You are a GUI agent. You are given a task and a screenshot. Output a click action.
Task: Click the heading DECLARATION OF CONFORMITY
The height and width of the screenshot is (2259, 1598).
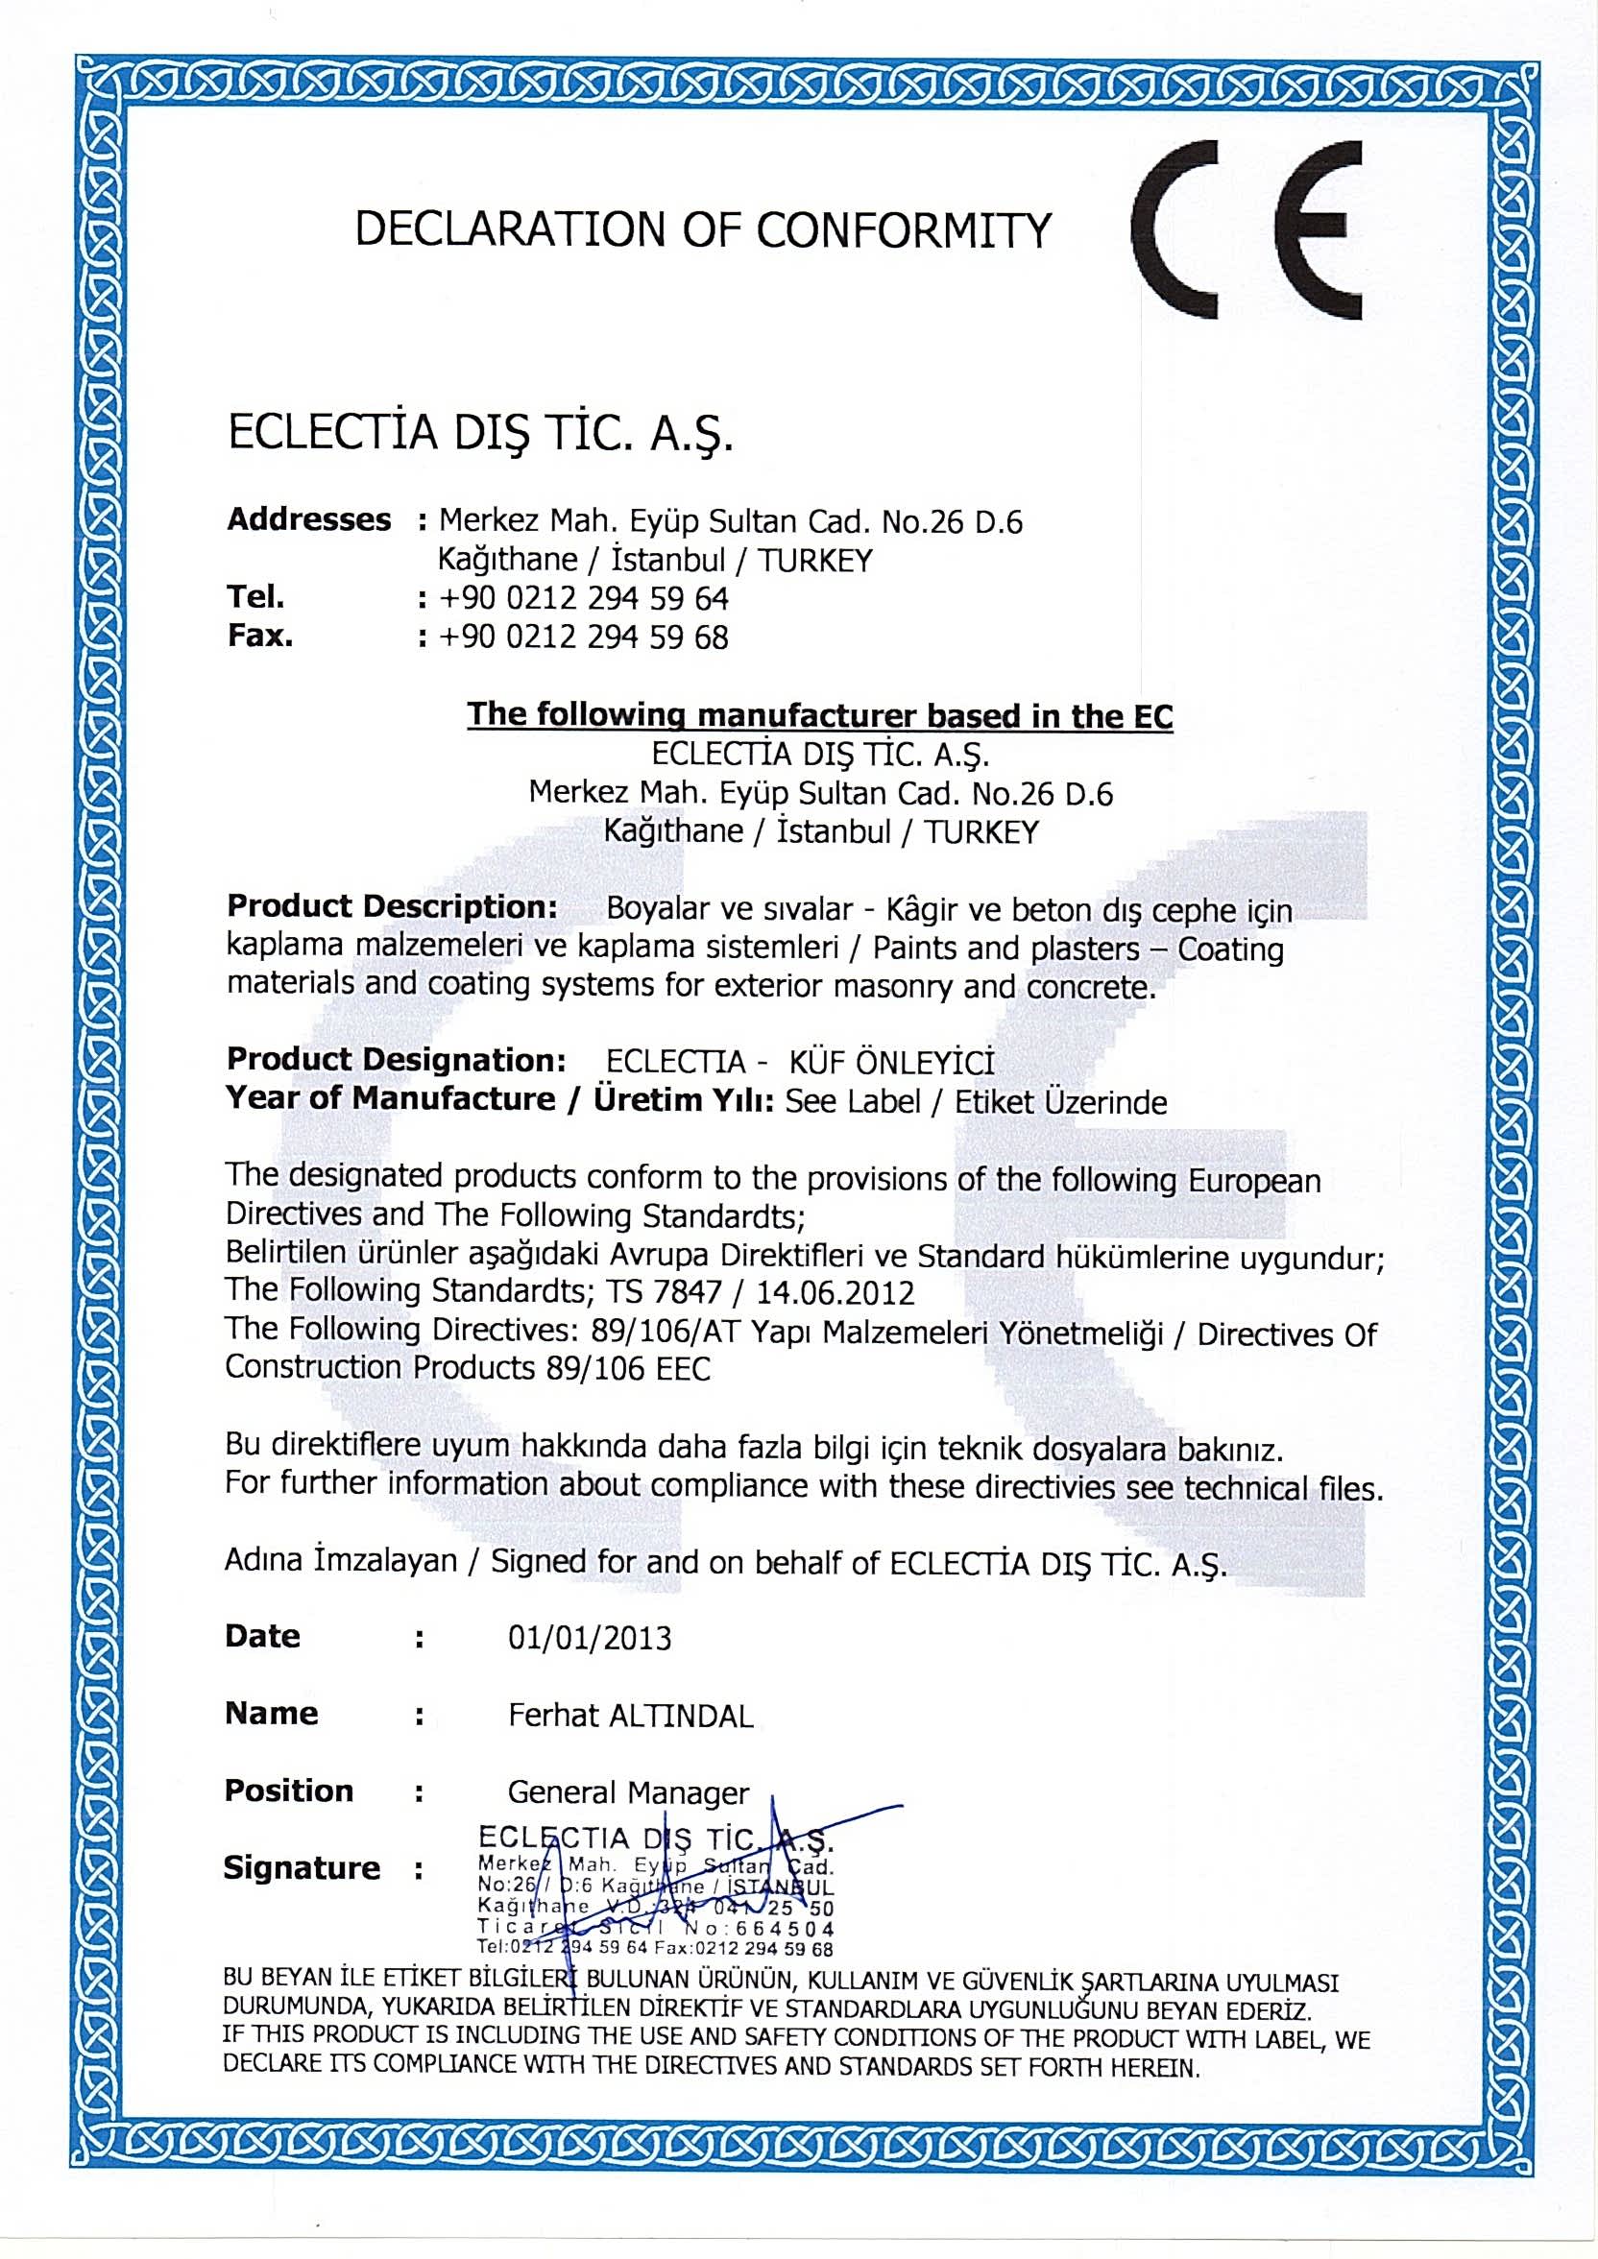tap(703, 230)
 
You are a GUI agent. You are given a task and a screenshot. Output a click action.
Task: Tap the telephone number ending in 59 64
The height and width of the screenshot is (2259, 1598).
tap(584, 598)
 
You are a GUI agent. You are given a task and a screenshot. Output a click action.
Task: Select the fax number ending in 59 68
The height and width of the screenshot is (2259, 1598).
tap(584, 637)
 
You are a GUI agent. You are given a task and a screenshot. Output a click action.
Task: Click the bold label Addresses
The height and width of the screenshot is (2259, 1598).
tap(308, 519)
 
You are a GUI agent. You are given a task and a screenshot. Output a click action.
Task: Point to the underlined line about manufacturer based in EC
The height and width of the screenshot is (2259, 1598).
tap(820, 715)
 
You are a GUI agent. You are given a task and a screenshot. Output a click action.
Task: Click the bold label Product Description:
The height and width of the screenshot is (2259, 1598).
tap(393, 905)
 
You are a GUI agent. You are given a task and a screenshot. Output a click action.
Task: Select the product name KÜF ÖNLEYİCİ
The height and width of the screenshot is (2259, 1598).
tap(892, 1063)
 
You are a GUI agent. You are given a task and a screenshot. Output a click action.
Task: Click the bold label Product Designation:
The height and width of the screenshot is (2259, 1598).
tap(396, 1061)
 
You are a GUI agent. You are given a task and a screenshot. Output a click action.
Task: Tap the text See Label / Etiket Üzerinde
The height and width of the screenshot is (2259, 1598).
tap(976, 1101)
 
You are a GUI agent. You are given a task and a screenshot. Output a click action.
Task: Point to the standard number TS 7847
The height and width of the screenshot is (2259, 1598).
tap(666, 1292)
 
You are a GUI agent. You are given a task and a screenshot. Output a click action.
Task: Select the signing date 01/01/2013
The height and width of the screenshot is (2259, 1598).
tap(590, 1637)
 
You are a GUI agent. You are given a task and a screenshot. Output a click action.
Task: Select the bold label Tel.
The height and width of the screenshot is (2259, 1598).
tap(255, 596)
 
